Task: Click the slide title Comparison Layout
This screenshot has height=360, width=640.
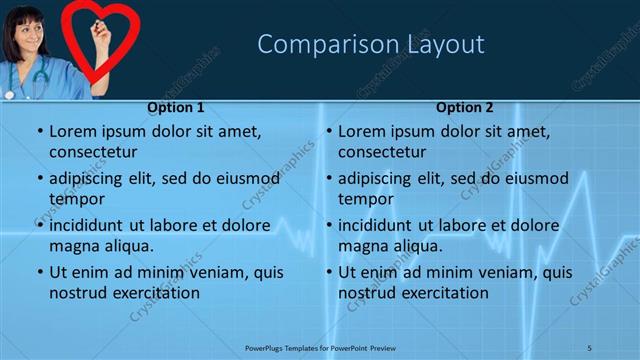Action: pos(371,44)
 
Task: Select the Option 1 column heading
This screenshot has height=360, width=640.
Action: pos(176,107)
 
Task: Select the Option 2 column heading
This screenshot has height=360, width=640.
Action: pos(465,107)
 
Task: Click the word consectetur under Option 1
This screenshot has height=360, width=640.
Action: pos(92,152)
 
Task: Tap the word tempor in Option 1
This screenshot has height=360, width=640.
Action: pos(75,199)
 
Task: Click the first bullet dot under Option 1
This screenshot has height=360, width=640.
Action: pos(39,132)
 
